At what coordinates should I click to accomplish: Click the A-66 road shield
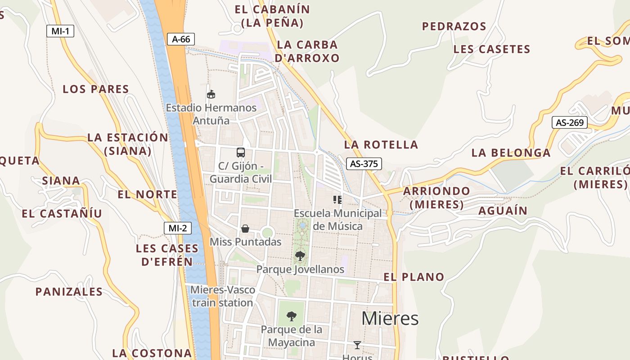pyautogui.click(x=181, y=39)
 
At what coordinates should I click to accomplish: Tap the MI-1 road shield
pyautogui.click(x=60, y=31)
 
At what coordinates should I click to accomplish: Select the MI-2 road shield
pyautogui.click(x=177, y=228)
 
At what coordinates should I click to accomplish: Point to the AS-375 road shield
pyautogui.click(x=364, y=164)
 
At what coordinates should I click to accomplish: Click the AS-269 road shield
pyautogui.click(x=570, y=122)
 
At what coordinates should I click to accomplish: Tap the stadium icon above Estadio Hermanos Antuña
pyautogui.click(x=211, y=94)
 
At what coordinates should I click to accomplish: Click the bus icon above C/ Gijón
pyautogui.click(x=241, y=152)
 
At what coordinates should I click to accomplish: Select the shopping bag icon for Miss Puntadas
pyautogui.click(x=245, y=229)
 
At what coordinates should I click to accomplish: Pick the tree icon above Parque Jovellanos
pyautogui.click(x=300, y=256)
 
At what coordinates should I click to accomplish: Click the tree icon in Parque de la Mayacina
pyautogui.click(x=292, y=316)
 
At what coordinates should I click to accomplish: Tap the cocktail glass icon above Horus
pyautogui.click(x=357, y=345)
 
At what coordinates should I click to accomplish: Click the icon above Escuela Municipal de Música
pyautogui.click(x=337, y=199)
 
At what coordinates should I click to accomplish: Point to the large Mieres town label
pyautogui.click(x=390, y=318)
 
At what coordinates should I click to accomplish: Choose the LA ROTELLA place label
pyautogui.click(x=381, y=144)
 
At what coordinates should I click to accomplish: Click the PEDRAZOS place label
pyautogui.click(x=454, y=27)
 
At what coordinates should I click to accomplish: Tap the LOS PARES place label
pyautogui.click(x=96, y=89)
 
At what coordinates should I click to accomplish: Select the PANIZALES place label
pyautogui.click(x=69, y=292)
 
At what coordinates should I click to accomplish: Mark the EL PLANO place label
pyautogui.click(x=414, y=277)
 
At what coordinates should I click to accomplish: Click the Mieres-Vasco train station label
pyautogui.click(x=223, y=296)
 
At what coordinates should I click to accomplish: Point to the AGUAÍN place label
pyautogui.click(x=503, y=211)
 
